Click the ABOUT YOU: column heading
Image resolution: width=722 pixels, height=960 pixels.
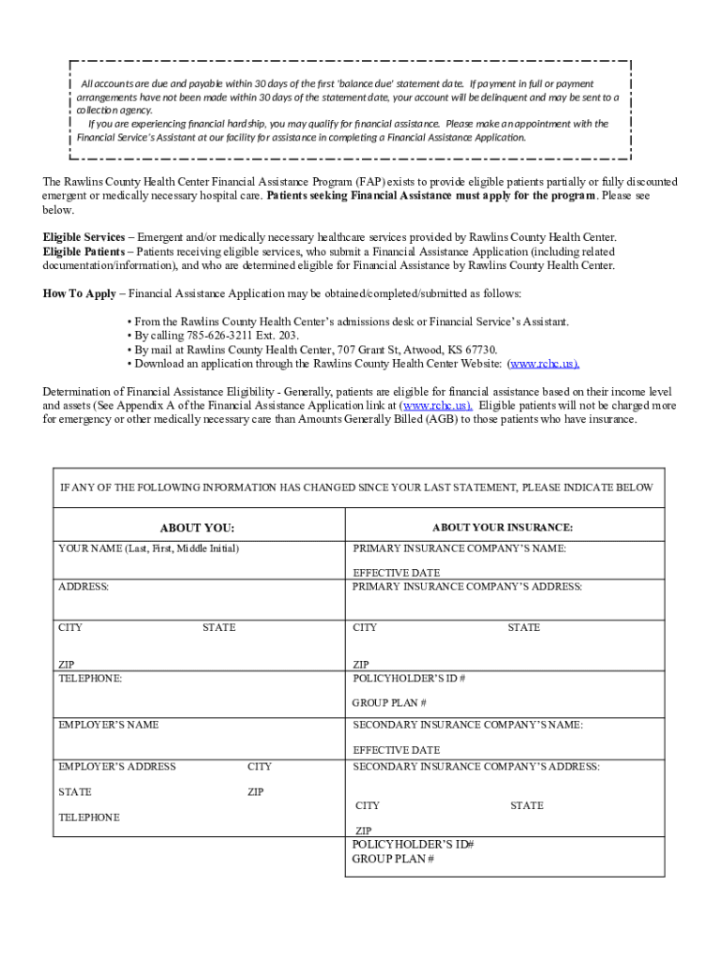tap(197, 528)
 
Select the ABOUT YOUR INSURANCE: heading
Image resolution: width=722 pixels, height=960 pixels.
tap(503, 527)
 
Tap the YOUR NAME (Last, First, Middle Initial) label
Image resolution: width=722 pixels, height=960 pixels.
tap(148, 547)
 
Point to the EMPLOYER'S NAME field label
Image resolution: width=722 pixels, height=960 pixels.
tap(109, 725)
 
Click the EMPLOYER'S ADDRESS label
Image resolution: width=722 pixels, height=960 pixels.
tap(117, 767)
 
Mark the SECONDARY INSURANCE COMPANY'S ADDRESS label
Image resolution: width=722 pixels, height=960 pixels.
tap(475, 767)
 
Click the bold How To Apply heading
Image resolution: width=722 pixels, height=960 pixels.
tap(80, 293)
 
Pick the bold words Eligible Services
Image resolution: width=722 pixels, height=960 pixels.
tap(83, 237)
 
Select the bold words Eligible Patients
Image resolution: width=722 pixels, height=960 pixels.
tap(83, 251)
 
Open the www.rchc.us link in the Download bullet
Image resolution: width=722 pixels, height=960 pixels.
tap(543, 364)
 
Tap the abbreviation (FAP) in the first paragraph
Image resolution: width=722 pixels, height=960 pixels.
tap(369, 181)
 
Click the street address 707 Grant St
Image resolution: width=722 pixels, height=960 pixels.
tap(372, 350)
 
